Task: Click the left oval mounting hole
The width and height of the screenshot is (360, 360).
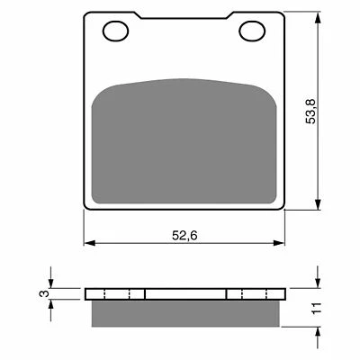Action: click(114, 33)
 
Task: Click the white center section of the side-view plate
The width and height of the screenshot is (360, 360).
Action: click(184, 293)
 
